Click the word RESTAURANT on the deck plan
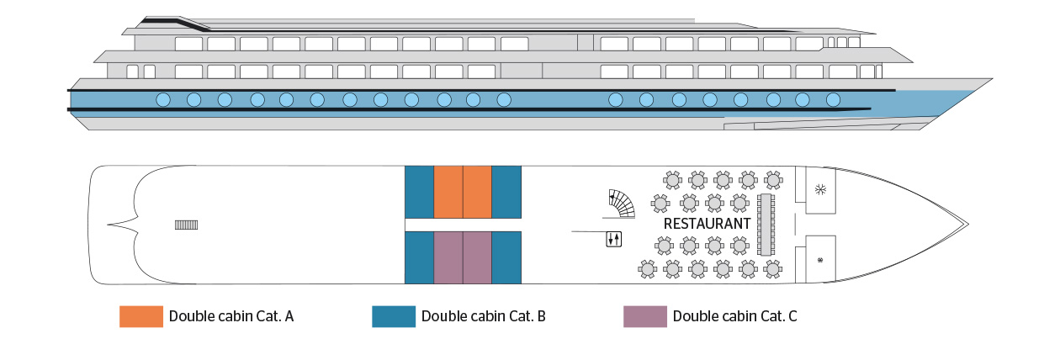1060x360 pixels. click(707, 224)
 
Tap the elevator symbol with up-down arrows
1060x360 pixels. click(613, 240)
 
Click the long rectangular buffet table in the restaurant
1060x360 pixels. click(766, 225)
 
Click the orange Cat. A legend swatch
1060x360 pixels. click(141, 316)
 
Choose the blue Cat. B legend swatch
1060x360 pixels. click(393, 316)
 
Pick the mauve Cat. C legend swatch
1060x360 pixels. click(644, 316)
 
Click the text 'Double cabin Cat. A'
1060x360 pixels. click(231, 316)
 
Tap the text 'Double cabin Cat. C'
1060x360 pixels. click(734, 316)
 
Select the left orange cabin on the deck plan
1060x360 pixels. click(448, 192)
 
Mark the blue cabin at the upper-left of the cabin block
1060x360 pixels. click(419, 192)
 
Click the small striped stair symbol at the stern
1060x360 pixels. click(186, 225)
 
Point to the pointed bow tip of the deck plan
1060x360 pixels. click(967, 225)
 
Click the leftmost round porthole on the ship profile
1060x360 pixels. click(163, 99)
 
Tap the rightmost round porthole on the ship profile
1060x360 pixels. click(833, 99)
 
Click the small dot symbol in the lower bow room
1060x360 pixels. click(820, 260)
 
